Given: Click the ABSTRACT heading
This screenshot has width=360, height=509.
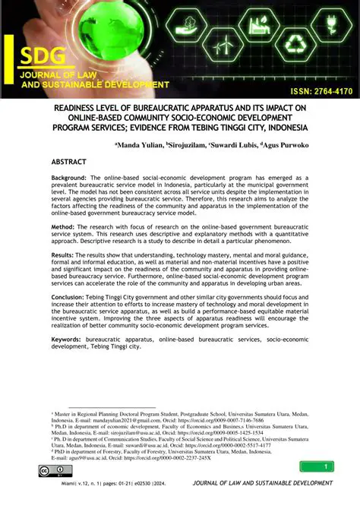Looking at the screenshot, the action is [x=74, y=163].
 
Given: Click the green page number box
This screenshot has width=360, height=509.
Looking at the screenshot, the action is [x=317, y=466].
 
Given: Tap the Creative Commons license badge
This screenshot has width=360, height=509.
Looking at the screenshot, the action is [x=55, y=472].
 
